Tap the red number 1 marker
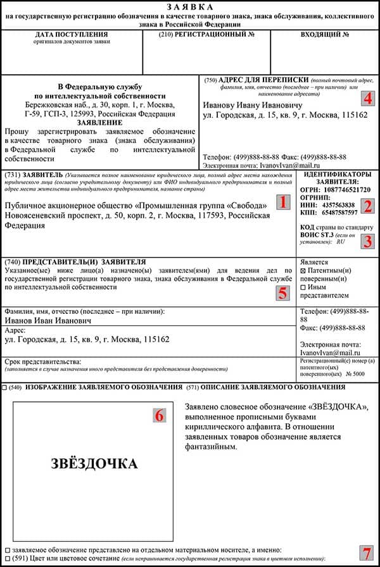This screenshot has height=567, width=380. [x=283, y=202]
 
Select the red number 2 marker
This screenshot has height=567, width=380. [x=368, y=205]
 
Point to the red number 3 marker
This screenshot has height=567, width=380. [x=368, y=241]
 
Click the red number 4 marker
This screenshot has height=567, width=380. [x=368, y=99]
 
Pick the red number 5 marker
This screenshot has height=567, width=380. [x=283, y=293]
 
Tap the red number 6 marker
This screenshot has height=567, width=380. [x=159, y=414]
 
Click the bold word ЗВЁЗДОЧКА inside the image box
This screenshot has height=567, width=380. [x=94, y=464]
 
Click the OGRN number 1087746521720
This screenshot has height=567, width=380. [x=348, y=189]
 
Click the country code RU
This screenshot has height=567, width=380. [x=341, y=241]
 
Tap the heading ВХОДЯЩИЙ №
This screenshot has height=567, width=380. [x=325, y=34]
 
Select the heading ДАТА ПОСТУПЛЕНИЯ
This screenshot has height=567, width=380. [x=72, y=34]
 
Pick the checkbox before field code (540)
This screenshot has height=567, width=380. [x=5, y=387]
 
